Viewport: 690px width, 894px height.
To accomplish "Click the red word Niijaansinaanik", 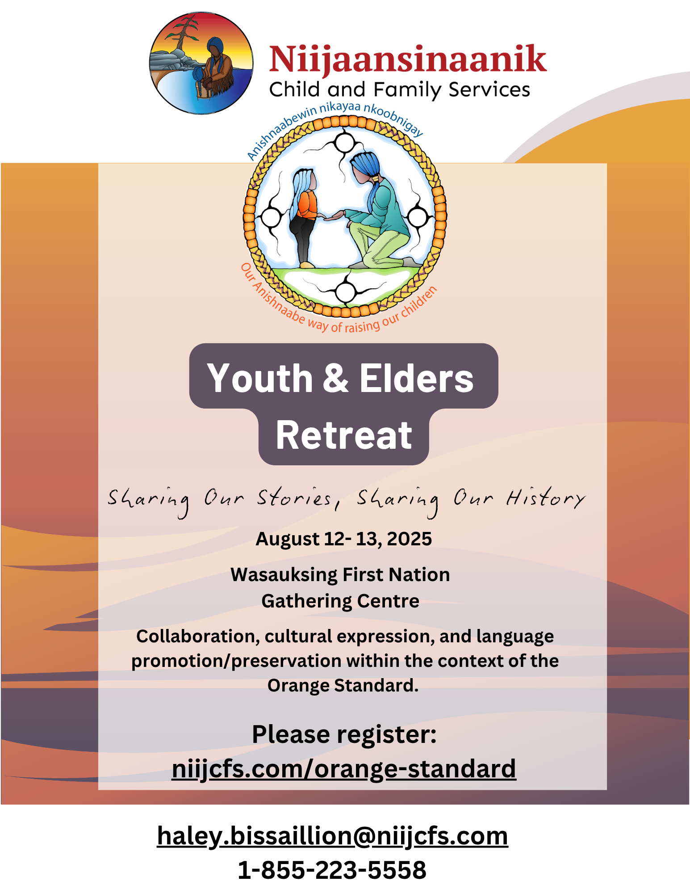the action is click(408, 59).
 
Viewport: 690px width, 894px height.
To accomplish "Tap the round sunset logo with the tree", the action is click(201, 63).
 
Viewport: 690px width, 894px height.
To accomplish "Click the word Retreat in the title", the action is click(344, 435).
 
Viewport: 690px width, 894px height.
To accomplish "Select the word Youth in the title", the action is click(260, 378).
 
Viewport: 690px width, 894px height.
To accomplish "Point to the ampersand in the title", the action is click(335, 378).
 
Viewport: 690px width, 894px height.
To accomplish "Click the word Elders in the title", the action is click(416, 378).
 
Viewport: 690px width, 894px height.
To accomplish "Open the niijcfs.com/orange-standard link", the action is click(344, 769).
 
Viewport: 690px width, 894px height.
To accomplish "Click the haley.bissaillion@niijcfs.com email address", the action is click(332, 836).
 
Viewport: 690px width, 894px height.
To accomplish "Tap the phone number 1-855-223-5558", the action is click(332, 870).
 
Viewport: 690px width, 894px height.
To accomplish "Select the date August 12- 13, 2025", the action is click(343, 539).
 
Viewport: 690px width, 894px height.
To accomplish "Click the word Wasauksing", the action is click(284, 575).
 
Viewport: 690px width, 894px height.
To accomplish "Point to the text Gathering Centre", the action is click(340, 601).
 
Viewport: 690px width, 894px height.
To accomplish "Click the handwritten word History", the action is click(545, 498).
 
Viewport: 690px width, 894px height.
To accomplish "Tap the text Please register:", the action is click(344, 734).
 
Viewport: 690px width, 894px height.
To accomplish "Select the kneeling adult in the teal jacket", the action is click(379, 210).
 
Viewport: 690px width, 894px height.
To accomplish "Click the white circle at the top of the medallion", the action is click(344, 143).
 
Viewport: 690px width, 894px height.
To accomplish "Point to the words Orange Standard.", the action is click(343, 685).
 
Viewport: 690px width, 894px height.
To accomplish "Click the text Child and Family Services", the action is click(400, 89).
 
